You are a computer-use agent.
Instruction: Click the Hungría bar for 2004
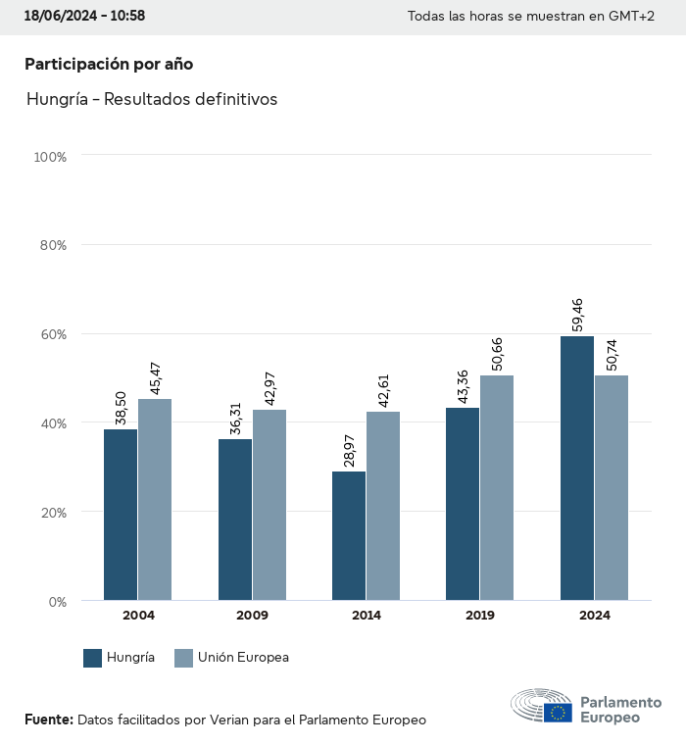click(121, 515)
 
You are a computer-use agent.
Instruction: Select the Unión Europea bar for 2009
click(269, 505)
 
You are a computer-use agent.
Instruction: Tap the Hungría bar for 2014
click(349, 536)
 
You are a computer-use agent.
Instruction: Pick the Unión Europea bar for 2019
click(497, 488)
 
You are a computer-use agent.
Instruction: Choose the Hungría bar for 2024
click(577, 469)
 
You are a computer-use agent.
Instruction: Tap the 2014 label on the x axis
click(367, 616)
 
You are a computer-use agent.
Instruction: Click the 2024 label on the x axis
click(594, 616)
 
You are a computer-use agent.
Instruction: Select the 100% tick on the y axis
click(49, 157)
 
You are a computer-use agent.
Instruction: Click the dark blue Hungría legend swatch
click(93, 658)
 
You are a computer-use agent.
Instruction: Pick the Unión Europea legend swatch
click(183, 658)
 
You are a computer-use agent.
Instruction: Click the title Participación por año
click(109, 64)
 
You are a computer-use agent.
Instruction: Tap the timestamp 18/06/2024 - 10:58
click(84, 17)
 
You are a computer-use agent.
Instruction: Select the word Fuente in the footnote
click(48, 720)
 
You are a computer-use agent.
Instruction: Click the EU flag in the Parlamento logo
click(559, 712)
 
